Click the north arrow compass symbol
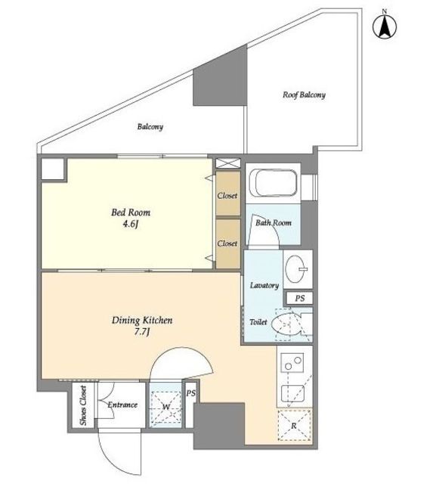click(385, 26)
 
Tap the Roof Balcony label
click(304, 95)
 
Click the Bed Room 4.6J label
click(131, 218)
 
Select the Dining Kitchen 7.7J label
click(142, 326)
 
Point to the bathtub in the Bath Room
click(274, 183)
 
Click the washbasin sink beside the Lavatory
click(296, 268)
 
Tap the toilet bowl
click(286, 324)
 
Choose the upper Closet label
click(227, 196)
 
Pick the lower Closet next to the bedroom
click(228, 244)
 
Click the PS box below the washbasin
click(299, 299)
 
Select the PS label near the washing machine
click(191, 393)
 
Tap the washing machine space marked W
click(166, 405)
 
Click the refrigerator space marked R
click(295, 426)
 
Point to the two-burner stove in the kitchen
click(293, 363)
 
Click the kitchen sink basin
click(293, 393)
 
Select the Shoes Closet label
click(83, 405)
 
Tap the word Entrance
click(122, 405)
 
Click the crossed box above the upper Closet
click(227, 163)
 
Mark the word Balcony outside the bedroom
click(150, 126)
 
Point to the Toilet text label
click(258, 322)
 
